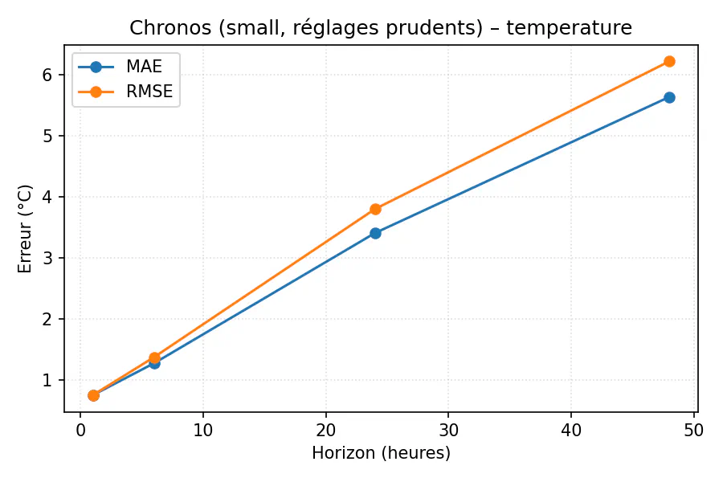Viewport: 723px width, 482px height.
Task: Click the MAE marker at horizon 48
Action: [669, 97]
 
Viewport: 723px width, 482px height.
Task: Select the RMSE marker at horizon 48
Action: [669, 61]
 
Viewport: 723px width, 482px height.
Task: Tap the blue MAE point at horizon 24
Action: [375, 233]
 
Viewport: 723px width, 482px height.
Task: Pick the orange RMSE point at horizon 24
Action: [375, 209]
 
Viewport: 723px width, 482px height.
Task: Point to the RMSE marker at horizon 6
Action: [154, 357]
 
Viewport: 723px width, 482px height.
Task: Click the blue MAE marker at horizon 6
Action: [154, 363]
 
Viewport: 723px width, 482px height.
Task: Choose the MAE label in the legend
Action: [144, 67]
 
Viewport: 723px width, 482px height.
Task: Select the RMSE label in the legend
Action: [149, 92]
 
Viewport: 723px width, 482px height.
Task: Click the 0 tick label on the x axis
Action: [80, 430]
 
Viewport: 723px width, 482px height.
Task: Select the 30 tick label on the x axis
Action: [448, 430]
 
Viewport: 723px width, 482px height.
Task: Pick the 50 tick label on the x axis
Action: [693, 430]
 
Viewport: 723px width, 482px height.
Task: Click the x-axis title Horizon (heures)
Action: [381, 453]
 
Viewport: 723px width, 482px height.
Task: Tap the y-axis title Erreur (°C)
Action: [26, 228]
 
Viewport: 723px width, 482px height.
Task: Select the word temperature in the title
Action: [569, 28]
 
